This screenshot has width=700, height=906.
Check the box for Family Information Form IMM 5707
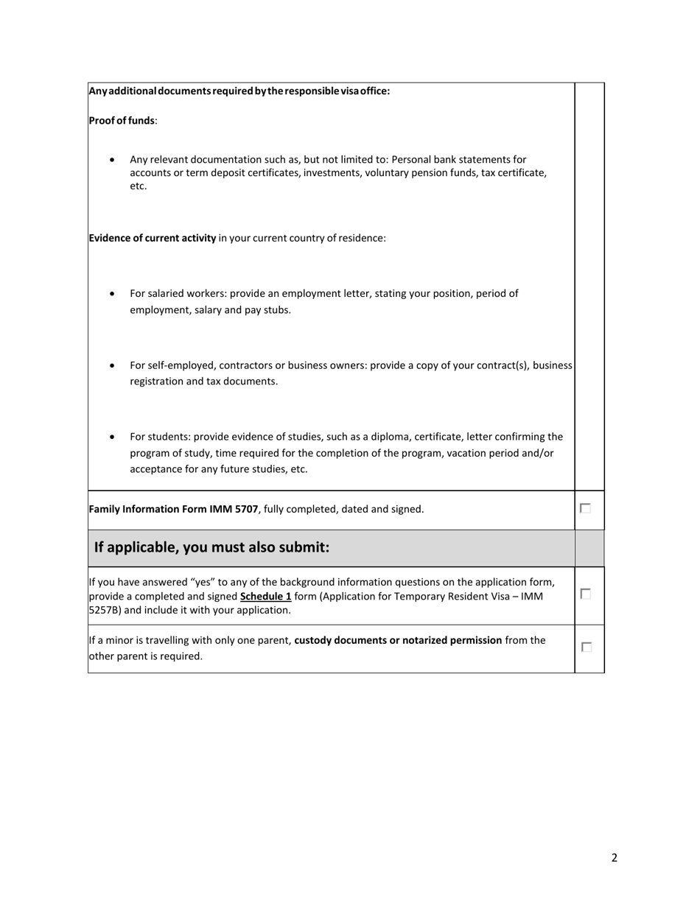pyautogui.click(x=585, y=508)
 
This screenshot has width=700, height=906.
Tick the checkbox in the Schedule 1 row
pyautogui.click(x=585, y=594)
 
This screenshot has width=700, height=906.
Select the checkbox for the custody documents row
pyautogui.click(x=585, y=647)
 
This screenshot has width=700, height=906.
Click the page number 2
pyautogui.click(x=614, y=857)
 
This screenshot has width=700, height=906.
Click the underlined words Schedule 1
pyautogui.click(x=265, y=596)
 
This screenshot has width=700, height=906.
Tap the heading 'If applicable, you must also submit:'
pyautogui.click(x=211, y=547)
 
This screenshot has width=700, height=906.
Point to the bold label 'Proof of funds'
pyautogui.click(x=122, y=120)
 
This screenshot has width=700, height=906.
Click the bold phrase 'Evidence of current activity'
pyautogui.click(x=153, y=238)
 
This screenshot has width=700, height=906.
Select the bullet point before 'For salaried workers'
pyautogui.click(x=112, y=293)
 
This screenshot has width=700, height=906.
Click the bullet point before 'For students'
pyautogui.click(x=112, y=437)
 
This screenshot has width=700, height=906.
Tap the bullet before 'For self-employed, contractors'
pyautogui.click(x=112, y=365)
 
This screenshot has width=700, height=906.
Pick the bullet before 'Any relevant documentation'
pyautogui.click(x=112, y=159)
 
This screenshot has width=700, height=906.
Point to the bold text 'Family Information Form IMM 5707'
pyautogui.click(x=173, y=509)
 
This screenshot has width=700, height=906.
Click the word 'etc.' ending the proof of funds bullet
pyautogui.click(x=139, y=186)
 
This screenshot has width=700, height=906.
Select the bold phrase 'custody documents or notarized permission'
pyautogui.click(x=398, y=640)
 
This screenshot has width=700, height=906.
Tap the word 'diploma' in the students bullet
pyautogui.click(x=404, y=437)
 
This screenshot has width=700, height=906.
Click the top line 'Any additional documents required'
pyautogui.click(x=239, y=91)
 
